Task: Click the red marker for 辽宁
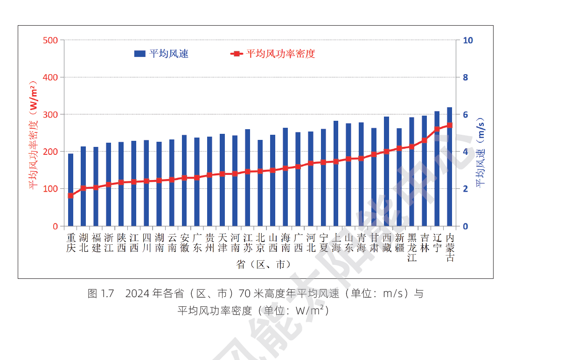point(437,129)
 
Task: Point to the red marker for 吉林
point(425,140)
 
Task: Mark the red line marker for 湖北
point(84,188)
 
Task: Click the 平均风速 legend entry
point(161,54)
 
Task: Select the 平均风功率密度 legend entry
point(273,54)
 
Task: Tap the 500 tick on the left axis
point(50,40)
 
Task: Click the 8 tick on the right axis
point(465,77)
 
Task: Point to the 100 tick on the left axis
point(50,189)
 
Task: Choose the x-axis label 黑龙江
point(412,247)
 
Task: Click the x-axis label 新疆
point(399,242)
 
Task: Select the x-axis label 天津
point(223,242)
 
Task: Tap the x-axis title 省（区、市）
point(264,264)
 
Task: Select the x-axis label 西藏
point(387,242)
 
